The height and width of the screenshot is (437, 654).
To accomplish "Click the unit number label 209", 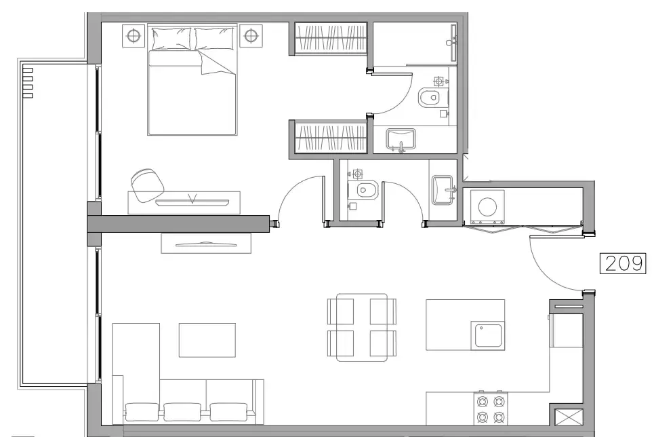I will click(x=623, y=263).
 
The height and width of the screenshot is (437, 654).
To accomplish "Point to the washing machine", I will click(x=487, y=206).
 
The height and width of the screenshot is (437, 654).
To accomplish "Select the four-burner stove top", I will click(x=491, y=409).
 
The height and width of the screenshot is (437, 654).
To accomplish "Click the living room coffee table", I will click(x=207, y=340).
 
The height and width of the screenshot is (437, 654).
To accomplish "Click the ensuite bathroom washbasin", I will click(x=401, y=140).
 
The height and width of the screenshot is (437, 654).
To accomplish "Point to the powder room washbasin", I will click(x=443, y=189).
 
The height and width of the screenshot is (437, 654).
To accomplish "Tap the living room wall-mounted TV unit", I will click(x=206, y=243).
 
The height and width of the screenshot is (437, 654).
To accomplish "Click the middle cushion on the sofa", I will click(x=182, y=412).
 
